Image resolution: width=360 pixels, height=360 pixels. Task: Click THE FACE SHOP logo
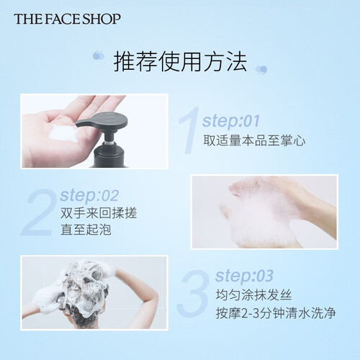click(x=67, y=19)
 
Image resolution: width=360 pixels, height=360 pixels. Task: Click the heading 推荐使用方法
click(x=180, y=62)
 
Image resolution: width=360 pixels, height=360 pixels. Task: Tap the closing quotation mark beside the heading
click(x=261, y=70)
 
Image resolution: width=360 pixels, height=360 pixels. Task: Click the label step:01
click(x=231, y=121)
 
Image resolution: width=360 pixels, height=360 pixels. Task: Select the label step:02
click(x=89, y=195)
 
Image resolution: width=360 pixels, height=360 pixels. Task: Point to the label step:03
click(x=244, y=276)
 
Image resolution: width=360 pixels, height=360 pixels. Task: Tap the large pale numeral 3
click(x=194, y=293)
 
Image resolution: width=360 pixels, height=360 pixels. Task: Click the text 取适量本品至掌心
click(x=254, y=140)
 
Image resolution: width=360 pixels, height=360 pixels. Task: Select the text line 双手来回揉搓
click(x=99, y=213)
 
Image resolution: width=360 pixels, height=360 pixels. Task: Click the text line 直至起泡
click(x=86, y=230)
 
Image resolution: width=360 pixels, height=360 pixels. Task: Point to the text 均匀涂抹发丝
click(x=253, y=295)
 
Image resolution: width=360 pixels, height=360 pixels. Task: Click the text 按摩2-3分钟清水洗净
click(x=276, y=313)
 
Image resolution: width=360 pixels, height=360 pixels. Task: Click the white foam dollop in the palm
click(x=63, y=133)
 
